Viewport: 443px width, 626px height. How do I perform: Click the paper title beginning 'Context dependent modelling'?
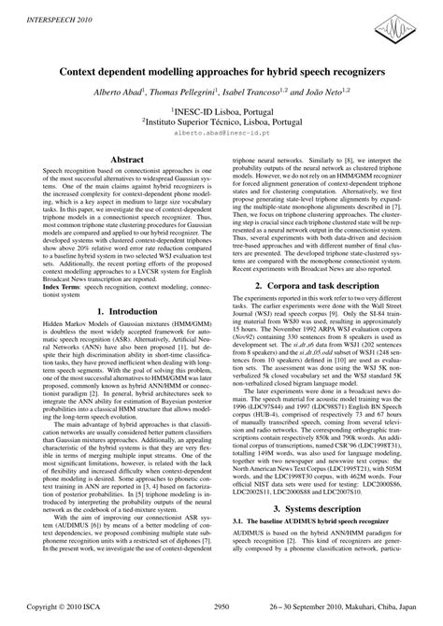[x=221, y=71]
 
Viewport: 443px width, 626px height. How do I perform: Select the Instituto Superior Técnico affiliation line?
[x=221, y=121]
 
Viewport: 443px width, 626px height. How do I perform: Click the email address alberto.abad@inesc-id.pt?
[x=221, y=133]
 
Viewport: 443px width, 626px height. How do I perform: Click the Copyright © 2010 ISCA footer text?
[x=66, y=605]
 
